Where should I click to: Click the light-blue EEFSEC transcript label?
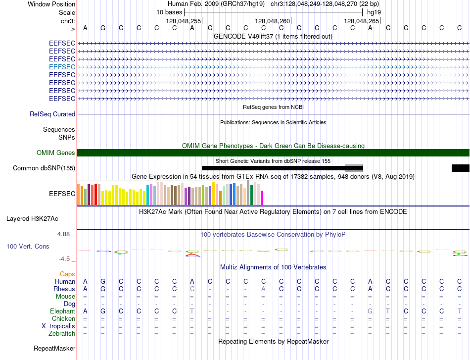pos(62,67)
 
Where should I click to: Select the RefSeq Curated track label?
pos(52,114)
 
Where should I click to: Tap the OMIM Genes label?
pos(56,153)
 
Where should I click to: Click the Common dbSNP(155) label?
pos(44,168)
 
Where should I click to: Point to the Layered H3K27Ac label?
pos(32,219)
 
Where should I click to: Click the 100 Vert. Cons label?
pos(28,246)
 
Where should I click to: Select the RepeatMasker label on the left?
pos(54,348)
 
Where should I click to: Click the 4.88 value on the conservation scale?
pos(63,234)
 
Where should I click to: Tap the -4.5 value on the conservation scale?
pos(64,259)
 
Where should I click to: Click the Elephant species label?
pos(63,311)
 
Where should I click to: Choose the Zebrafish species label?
pos(62,333)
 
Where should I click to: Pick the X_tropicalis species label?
pos(58,326)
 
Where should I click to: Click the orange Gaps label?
pos(67,274)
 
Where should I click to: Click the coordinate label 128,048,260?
pos(273,21)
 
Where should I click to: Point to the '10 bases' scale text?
pos(169,12)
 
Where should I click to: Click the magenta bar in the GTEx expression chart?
pos(262,198)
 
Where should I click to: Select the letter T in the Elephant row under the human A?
pos(192,311)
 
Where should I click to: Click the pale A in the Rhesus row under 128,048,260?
pos(264,289)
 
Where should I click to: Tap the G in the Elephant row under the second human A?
pos(370,311)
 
